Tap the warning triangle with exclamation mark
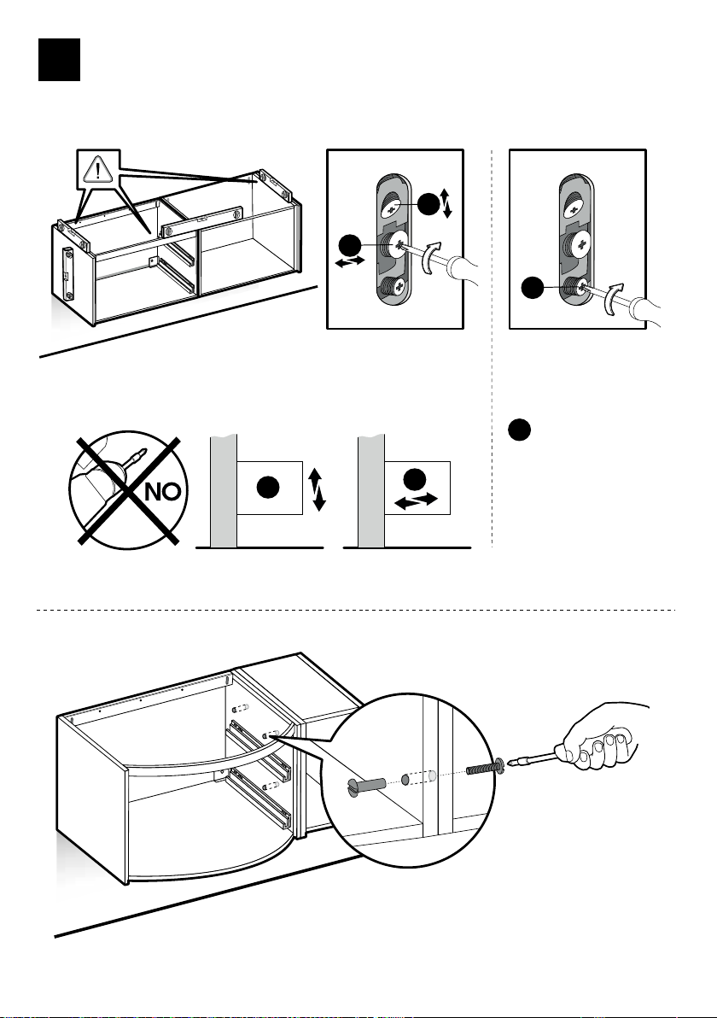point(100,171)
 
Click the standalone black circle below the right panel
point(521,430)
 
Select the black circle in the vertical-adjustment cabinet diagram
point(269,488)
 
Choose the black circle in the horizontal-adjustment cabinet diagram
point(417,478)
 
